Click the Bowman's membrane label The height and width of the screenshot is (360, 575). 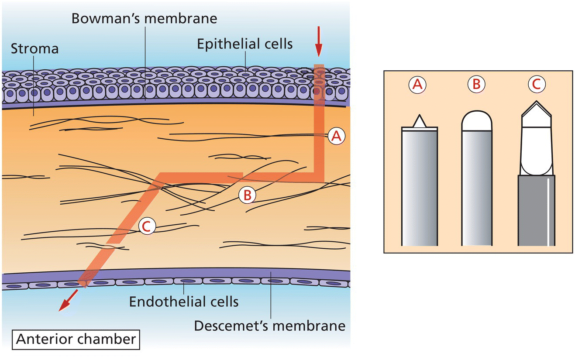pyautogui.click(x=144, y=19)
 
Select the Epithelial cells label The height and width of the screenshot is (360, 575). pyautogui.click(x=244, y=44)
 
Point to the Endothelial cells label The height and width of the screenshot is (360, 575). pyautogui.click(x=184, y=301)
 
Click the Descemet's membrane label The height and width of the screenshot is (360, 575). pyautogui.click(x=270, y=326)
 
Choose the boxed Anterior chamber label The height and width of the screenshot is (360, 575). pyautogui.click(x=76, y=339)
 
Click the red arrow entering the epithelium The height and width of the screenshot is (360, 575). pyautogui.click(x=319, y=41)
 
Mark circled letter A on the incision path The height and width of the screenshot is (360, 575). pyautogui.click(x=336, y=137)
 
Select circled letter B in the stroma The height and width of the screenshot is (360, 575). pyautogui.click(x=247, y=195)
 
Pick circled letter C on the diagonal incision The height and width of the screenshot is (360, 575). pyautogui.click(x=146, y=226)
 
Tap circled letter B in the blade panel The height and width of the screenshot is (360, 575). pyautogui.click(x=476, y=85)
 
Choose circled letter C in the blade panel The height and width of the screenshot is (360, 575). pyautogui.click(x=536, y=85)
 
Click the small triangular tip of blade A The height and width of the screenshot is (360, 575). pyautogui.click(x=419, y=121)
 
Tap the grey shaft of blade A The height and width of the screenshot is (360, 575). pyautogui.click(x=419, y=188)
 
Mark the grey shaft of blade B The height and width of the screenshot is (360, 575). pyautogui.click(x=477, y=188)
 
